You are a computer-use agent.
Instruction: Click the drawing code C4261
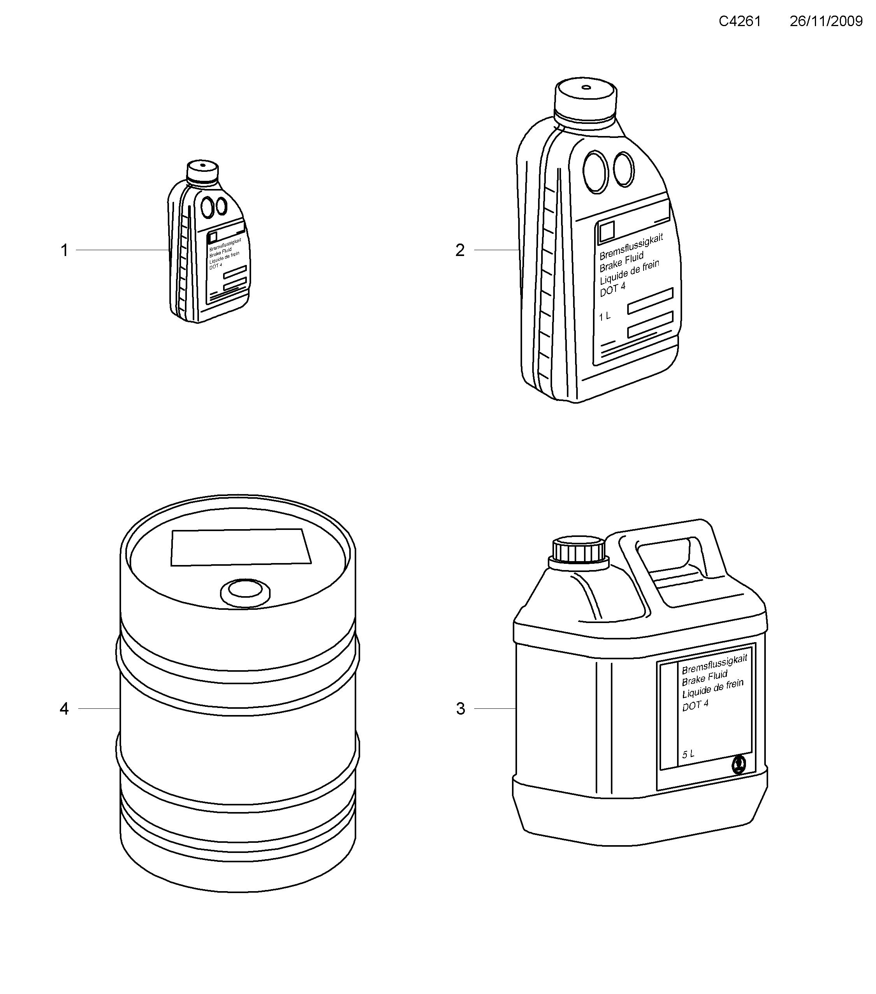pyautogui.click(x=739, y=21)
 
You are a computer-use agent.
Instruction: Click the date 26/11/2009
pyautogui.click(x=826, y=21)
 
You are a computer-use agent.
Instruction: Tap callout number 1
pyautogui.click(x=64, y=251)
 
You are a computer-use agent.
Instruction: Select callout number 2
pyautogui.click(x=460, y=251)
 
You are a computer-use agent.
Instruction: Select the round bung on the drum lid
pyautogui.click(x=245, y=593)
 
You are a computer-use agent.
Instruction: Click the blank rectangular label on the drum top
pyautogui.click(x=241, y=547)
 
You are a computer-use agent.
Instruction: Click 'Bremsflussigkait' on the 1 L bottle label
pyautogui.click(x=631, y=247)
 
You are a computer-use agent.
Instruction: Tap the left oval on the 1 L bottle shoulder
pyautogui.click(x=595, y=172)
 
